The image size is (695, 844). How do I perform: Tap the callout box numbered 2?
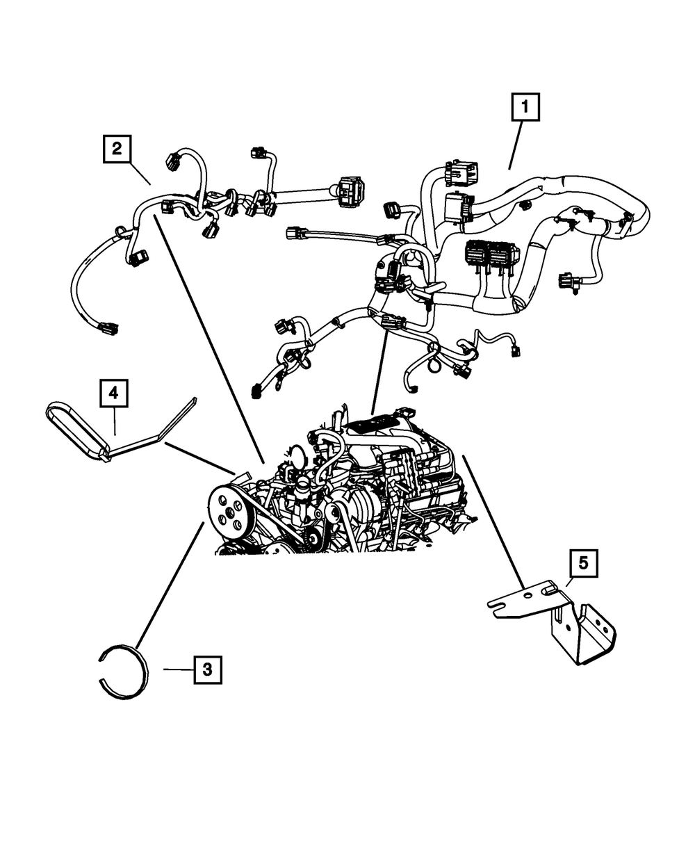tap(117, 148)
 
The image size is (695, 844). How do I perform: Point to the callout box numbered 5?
tap(582, 563)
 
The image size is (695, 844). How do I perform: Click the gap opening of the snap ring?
tap(99, 666)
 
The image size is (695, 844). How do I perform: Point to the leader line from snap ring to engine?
tap(170, 584)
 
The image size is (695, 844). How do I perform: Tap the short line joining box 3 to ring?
tap(178, 669)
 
